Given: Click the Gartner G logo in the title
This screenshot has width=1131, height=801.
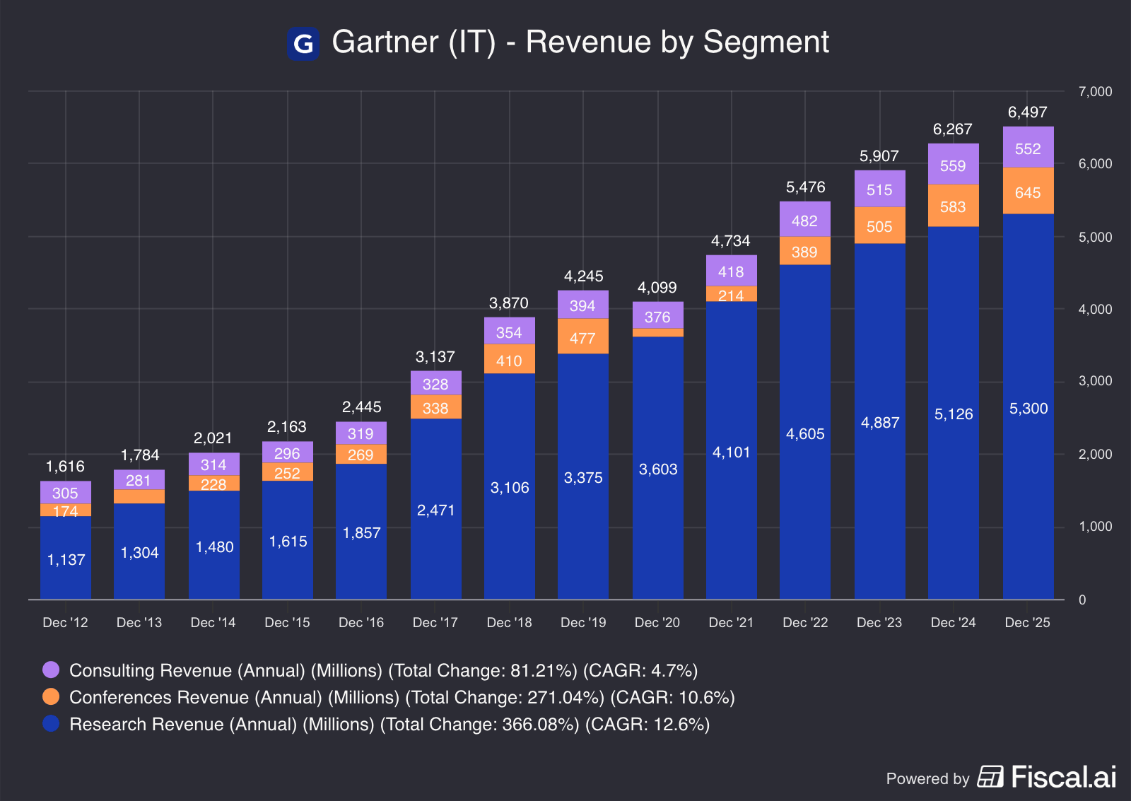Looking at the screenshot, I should click(303, 43).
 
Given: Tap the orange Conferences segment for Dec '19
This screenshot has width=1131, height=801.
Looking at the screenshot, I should click(583, 337).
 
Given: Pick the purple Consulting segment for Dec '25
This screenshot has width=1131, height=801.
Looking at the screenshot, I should click(1028, 148).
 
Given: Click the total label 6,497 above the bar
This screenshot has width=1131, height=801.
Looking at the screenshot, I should click(1027, 112).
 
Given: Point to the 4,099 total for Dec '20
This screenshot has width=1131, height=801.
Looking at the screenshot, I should click(657, 288).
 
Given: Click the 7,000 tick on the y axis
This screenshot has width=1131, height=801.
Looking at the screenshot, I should click(1095, 91).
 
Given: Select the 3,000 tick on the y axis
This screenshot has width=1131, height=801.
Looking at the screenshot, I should click(1095, 381).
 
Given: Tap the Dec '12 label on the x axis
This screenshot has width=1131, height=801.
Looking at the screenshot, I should click(65, 622).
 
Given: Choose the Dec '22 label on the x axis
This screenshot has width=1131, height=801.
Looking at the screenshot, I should click(805, 622).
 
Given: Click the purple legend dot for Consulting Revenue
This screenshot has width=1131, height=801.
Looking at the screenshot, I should click(51, 670).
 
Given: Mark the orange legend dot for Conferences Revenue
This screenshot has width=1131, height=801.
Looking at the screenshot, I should click(51, 696).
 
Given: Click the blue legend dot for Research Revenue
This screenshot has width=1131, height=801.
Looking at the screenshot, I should click(51, 723).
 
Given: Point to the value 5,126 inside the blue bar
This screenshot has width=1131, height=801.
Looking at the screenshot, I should click(954, 414).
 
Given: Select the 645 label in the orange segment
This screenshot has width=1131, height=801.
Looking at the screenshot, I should click(1028, 192).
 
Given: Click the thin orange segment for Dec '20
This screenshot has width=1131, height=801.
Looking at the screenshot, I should click(658, 333).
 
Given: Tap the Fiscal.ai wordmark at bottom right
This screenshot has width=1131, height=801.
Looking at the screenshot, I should click(1063, 777).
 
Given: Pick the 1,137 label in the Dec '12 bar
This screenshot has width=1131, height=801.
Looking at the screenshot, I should click(66, 560).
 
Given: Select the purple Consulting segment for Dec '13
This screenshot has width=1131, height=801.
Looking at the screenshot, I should click(139, 480).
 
